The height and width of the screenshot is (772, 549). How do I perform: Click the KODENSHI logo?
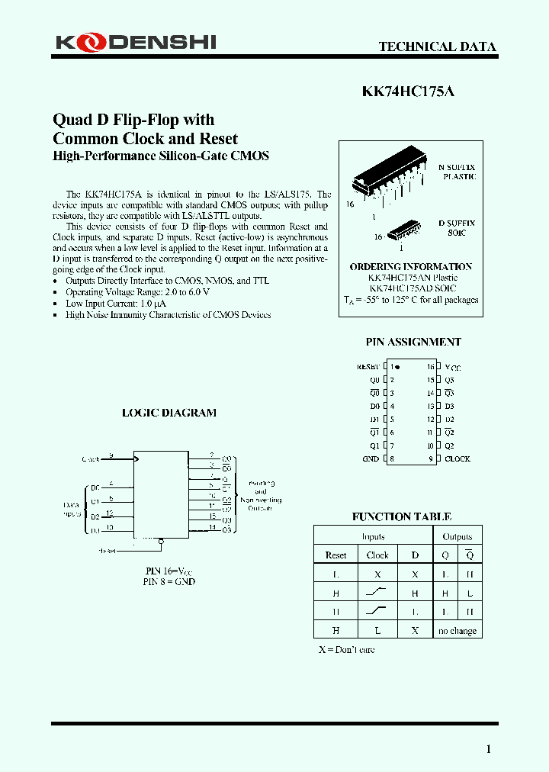coord(136,43)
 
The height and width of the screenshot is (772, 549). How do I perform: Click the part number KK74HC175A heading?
coord(408,91)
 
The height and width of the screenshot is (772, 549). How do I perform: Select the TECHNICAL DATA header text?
coord(438,47)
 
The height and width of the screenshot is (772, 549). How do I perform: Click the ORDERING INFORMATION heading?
coord(410,267)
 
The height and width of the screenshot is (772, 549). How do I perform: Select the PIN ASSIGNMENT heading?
coord(413,342)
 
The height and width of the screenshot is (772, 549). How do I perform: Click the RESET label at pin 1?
coord(368,367)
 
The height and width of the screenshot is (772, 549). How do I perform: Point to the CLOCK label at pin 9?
coord(457,458)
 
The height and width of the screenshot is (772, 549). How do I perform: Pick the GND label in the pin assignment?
coord(371,458)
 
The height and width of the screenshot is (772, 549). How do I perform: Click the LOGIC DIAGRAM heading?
coord(169,413)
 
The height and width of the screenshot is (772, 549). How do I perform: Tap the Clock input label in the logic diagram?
coord(91,458)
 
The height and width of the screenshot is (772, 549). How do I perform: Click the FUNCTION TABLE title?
coord(401,516)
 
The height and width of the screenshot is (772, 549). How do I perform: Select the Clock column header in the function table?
coord(377,555)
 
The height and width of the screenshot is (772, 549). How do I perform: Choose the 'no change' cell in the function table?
coord(457,631)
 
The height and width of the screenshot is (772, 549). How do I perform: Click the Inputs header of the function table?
coord(373,536)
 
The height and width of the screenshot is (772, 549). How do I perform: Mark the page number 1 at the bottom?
coord(489,749)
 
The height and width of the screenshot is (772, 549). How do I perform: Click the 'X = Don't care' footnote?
coord(346,649)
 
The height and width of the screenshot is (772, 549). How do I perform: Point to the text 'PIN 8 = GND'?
coord(169,581)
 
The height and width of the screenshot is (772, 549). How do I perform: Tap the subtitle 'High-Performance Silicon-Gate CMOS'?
coord(161,156)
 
